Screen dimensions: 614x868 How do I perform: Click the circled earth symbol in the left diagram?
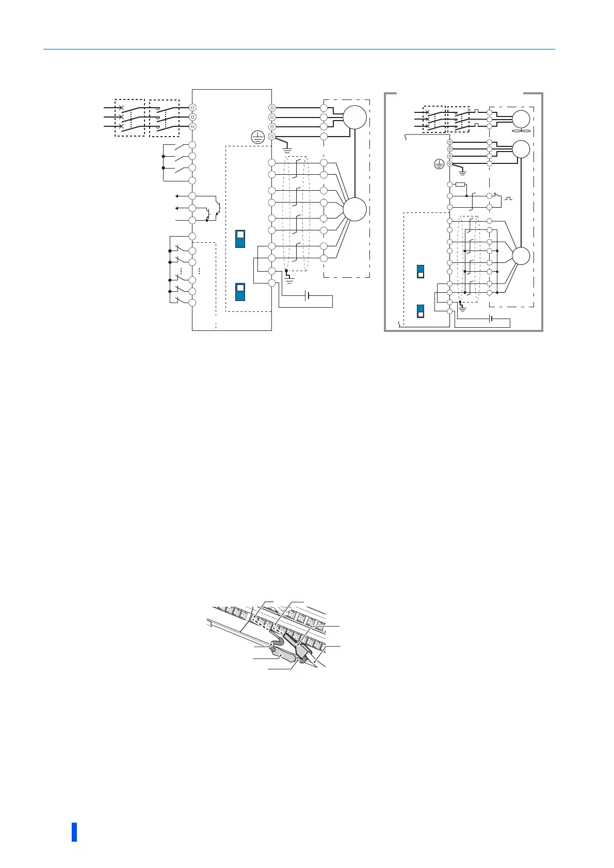(x=257, y=137)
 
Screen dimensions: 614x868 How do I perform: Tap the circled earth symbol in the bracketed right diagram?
(x=439, y=164)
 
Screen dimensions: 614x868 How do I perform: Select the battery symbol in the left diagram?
(x=308, y=296)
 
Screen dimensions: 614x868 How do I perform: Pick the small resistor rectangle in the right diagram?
(x=461, y=185)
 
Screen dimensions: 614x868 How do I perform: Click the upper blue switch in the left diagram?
(x=240, y=239)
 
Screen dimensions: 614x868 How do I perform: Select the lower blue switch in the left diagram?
(x=240, y=292)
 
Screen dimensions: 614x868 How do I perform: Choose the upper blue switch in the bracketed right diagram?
(x=421, y=271)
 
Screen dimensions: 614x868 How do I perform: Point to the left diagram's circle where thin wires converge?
(x=354, y=210)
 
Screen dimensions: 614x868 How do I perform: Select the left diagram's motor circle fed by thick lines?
(x=354, y=118)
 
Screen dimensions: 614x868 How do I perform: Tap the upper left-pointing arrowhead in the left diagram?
(x=177, y=196)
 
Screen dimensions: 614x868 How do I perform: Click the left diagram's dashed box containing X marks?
(x=129, y=118)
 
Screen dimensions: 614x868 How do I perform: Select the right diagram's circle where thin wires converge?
(x=521, y=256)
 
